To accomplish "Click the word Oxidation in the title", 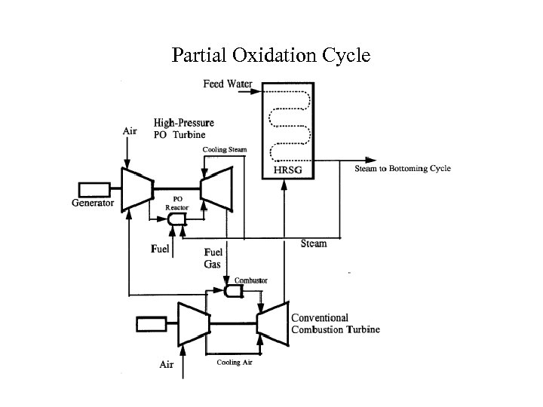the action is [275, 55].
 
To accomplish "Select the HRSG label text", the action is [288, 170].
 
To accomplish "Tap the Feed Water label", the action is [228, 84].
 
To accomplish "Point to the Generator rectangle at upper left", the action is [94, 190].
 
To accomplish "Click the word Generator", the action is [93, 203].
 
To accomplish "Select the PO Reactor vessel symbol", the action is [176, 219].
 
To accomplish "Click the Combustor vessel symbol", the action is [234, 291].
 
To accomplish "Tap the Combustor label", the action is [250, 280].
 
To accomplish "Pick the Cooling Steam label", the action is [225, 149].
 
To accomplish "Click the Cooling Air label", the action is [235, 363].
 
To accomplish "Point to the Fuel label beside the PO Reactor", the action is [160, 249].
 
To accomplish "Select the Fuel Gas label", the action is [213, 259].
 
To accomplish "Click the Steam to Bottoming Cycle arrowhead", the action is [371, 161].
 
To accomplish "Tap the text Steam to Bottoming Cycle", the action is [403, 169].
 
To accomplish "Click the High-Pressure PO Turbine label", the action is [184, 128].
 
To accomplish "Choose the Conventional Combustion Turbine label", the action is [336, 323].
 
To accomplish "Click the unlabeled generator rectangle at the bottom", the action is [152, 324].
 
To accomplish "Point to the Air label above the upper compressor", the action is [130, 131].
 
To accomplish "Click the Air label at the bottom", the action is [166, 365].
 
